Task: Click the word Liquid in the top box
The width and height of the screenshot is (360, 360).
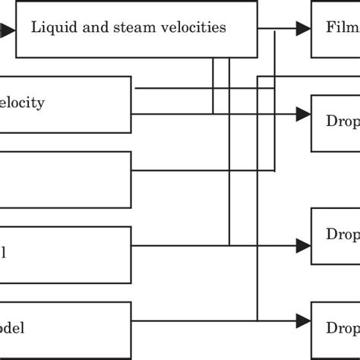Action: tap(49, 28)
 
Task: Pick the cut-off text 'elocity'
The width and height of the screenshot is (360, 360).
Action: tap(22, 103)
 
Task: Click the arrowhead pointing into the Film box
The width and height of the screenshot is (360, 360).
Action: tap(303, 28)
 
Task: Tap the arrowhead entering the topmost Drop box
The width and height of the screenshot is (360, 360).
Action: tap(303, 114)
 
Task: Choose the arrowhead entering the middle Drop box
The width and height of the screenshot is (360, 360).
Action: tap(303, 245)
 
